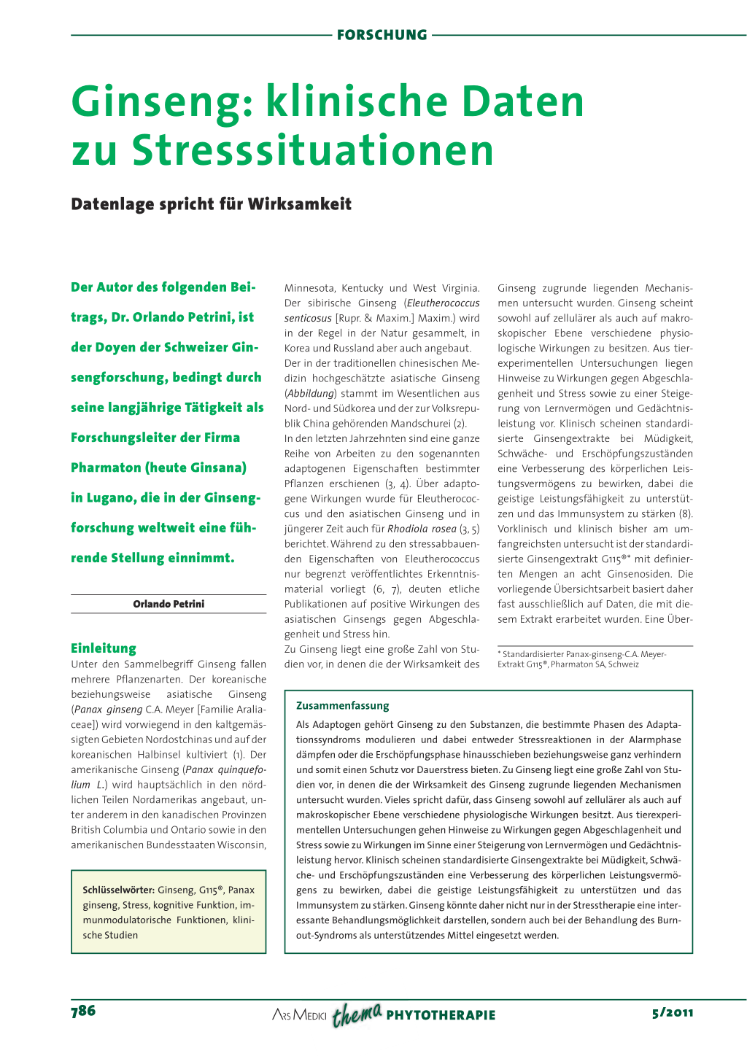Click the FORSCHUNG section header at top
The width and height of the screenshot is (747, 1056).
[x=382, y=34]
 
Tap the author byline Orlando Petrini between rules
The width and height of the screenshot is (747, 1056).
[x=169, y=604]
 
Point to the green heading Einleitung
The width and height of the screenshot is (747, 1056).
[x=104, y=648]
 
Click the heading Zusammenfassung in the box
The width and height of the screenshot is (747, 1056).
[x=343, y=705]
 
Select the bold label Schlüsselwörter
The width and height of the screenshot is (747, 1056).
[x=118, y=890]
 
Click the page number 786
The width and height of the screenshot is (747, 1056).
[x=83, y=1011]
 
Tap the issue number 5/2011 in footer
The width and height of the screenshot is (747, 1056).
[x=673, y=1012]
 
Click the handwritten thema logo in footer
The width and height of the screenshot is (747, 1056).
[x=357, y=1014]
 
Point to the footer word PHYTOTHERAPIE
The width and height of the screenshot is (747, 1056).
[x=441, y=1015]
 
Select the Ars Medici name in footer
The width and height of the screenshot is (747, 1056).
[x=299, y=1015]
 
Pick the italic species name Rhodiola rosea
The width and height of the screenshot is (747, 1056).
[x=422, y=529]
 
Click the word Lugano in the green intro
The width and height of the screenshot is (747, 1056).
[x=107, y=498]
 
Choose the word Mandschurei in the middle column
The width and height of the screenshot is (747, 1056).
[x=420, y=424]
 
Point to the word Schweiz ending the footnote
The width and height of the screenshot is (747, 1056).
[x=624, y=664]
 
